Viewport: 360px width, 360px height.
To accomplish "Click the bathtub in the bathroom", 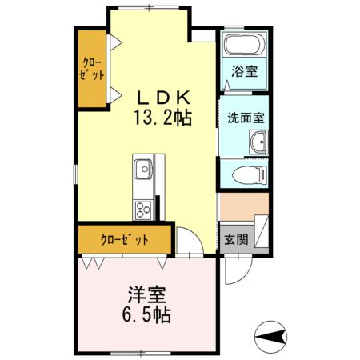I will click(245, 45).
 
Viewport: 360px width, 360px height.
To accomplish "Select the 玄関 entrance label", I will click(235, 238).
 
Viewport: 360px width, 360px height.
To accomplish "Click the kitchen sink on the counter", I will click(144, 169).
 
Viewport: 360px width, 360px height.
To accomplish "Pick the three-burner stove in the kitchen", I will click(143, 210).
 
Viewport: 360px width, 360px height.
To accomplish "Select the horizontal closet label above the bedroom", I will click(124, 239).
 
